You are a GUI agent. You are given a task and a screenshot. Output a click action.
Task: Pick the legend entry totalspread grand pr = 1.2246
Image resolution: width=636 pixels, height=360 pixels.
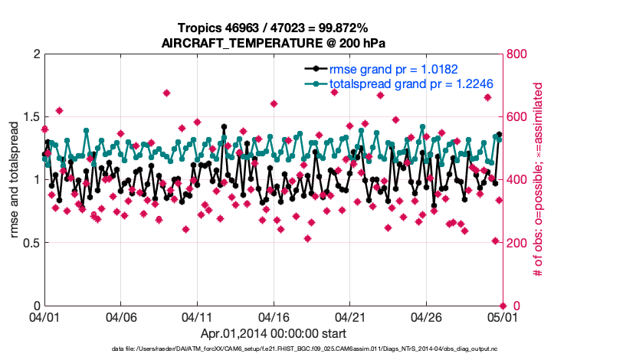[x=411, y=83]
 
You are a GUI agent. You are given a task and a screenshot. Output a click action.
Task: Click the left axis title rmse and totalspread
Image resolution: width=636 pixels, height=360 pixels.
[x=15, y=180]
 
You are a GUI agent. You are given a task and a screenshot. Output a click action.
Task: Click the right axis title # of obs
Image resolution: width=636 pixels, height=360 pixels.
[x=539, y=180]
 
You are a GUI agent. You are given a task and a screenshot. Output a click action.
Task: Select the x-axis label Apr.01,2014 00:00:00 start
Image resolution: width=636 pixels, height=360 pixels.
[x=273, y=334]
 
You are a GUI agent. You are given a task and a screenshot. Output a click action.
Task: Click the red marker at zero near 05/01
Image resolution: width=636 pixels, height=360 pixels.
[x=502, y=306]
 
